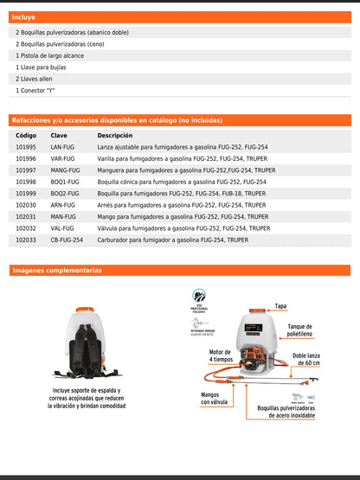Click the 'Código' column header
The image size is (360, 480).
[26, 136]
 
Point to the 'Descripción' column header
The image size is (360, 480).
[114, 136]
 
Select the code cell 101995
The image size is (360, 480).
[26, 148]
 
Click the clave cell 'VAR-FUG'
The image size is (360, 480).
[62, 159]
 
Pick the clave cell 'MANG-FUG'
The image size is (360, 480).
[65, 170]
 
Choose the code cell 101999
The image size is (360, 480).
[26, 194]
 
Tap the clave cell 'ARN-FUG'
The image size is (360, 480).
[62, 205]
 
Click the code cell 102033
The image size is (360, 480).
[26, 240]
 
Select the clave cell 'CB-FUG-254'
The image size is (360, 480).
[67, 240]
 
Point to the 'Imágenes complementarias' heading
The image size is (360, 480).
[57, 271]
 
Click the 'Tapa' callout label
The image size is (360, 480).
[280, 306]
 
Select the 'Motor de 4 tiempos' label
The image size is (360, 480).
[221, 356]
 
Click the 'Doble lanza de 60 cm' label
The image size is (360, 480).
[305, 359]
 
